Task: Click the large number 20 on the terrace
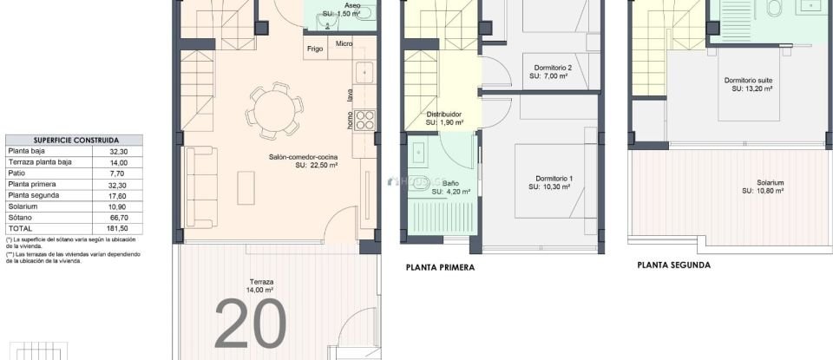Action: click(249, 324)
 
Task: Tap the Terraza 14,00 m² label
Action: click(261, 287)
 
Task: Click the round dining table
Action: click(273, 111)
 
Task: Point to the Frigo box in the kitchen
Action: click(314, 49)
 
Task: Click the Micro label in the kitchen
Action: click(344, 43)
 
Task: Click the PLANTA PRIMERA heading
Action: click(440, 268)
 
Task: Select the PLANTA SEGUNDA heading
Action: click(673, 265)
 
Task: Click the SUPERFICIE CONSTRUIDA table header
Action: click(75, 140)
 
